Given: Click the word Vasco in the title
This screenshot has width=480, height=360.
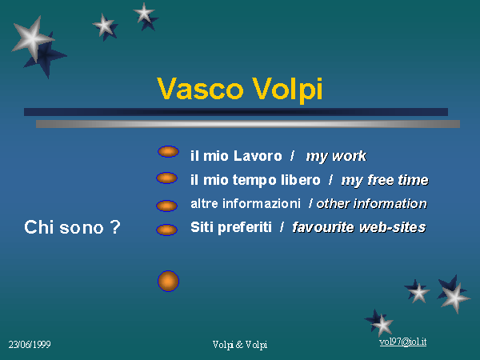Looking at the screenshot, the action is click(200, 89).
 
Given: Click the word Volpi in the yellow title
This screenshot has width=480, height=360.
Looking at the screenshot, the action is click(287, 90).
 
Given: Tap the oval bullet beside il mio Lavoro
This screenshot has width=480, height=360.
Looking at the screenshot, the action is click(168, 151).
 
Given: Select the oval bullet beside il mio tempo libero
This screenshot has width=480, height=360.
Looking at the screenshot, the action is click(167, 178).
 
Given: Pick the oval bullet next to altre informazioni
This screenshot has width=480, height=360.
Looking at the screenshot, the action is click(167, 206).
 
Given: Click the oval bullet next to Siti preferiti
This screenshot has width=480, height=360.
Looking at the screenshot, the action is click(167, 230).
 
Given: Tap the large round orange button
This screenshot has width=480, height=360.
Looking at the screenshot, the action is click(168, 281).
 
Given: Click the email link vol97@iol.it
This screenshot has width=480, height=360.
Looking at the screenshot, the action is click(403, 342).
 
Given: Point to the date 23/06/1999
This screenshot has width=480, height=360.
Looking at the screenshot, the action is click(30, 344).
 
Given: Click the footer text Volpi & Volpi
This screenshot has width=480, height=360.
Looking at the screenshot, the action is click(240, 345).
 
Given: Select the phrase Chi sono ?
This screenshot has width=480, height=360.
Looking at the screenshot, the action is click(72, 227).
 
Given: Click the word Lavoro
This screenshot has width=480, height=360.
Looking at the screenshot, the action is click(258, 156).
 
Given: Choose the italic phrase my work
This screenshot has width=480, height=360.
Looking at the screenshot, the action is click(336, 157).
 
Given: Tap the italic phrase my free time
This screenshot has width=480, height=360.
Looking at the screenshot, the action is click(385, 180).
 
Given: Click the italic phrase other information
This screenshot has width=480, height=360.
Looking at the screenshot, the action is click(372, 203).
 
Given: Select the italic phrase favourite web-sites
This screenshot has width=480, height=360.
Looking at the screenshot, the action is click(359, 227).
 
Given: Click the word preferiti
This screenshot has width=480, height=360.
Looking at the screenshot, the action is click(245, 228).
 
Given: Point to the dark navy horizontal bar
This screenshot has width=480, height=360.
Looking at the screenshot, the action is click(236, 112).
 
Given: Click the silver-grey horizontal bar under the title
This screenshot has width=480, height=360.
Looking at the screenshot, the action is click(248, 124).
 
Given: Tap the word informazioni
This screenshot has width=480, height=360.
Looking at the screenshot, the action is click(262, 203).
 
